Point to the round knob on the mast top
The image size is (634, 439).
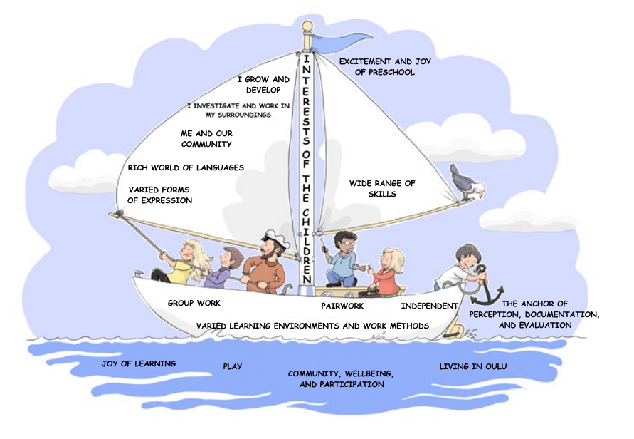307,27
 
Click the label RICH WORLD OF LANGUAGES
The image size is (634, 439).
186,168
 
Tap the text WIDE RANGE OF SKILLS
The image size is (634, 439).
382,188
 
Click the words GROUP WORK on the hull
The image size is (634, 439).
194,303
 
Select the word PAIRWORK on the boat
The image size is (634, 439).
342,306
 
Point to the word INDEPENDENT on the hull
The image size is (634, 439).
429,306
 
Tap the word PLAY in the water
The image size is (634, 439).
233,366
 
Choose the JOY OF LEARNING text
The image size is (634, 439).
139,363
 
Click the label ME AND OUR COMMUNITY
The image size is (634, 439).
206,138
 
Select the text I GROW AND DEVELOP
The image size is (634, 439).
263,85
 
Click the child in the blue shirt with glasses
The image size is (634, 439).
345,258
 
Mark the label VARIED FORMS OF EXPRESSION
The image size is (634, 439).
160,195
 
